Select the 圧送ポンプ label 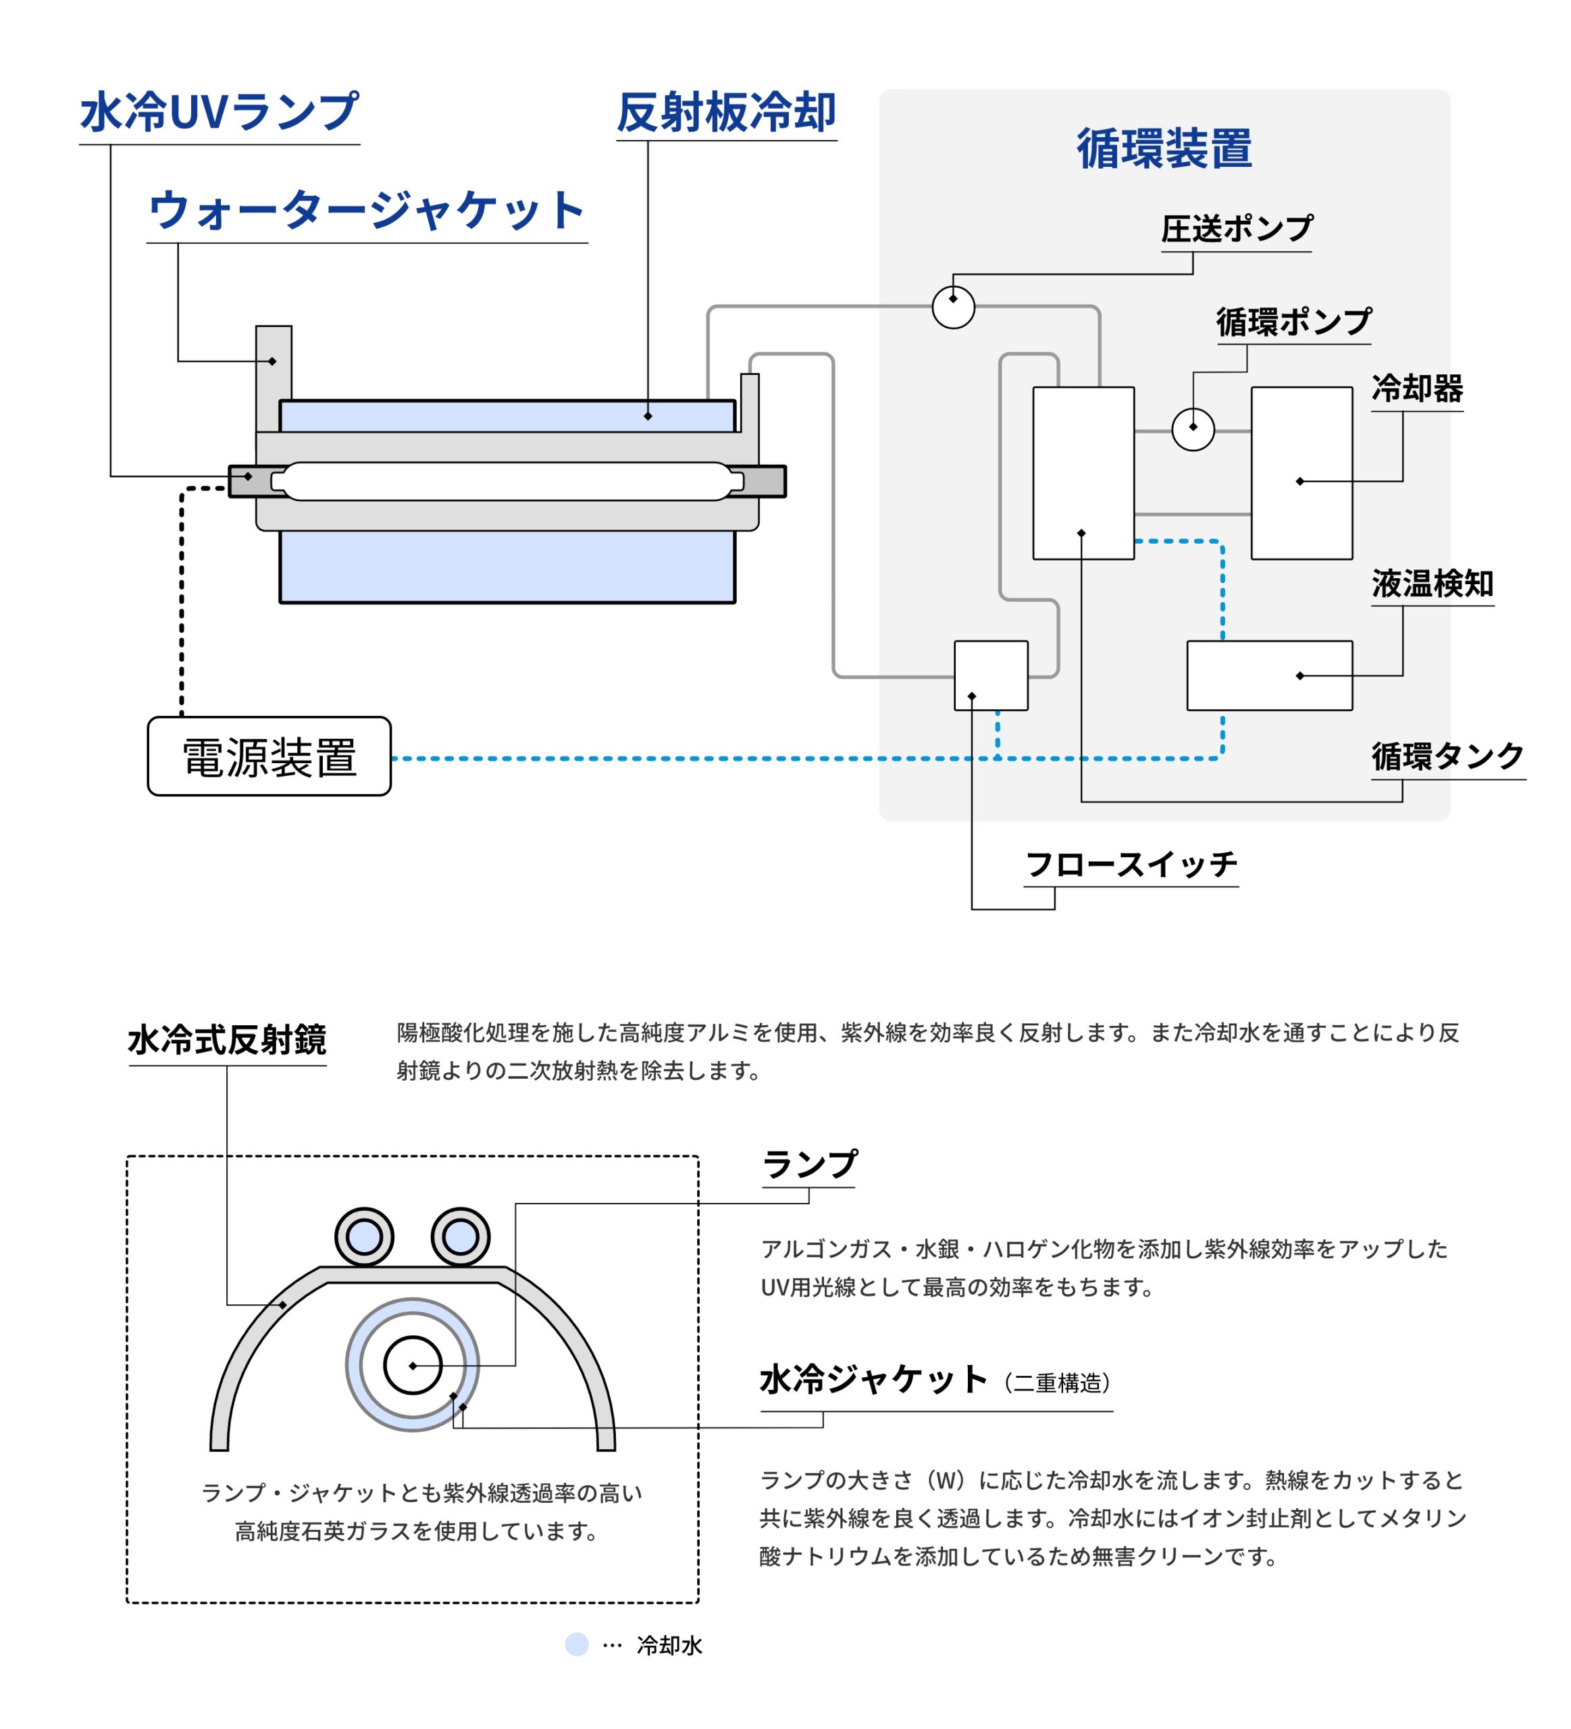click(1236, 229)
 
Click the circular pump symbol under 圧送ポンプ click(953, 307)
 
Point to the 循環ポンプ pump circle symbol click(1192, 429)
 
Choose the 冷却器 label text click(1416, 388)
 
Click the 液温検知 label click(1431, 584)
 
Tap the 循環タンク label click(1447, 756)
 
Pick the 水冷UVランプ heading click(219, 112)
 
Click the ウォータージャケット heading click(366, 211)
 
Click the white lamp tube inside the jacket click(506, 481)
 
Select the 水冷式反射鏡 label click(227, 1039)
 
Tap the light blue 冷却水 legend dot click(576, 1644)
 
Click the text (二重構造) click(1056, 1383)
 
